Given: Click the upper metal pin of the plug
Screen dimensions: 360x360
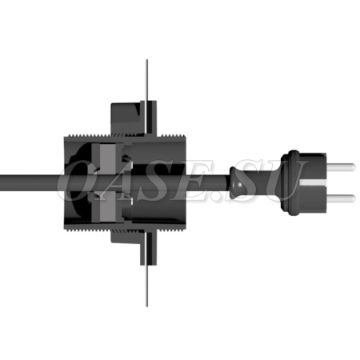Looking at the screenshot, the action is click(341, 167).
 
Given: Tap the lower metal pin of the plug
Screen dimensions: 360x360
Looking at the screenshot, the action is click(341, 198).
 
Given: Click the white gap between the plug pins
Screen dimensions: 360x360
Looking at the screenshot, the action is click(314, 182).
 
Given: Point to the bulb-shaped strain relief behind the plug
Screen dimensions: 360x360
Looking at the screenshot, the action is click(238, 182).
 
